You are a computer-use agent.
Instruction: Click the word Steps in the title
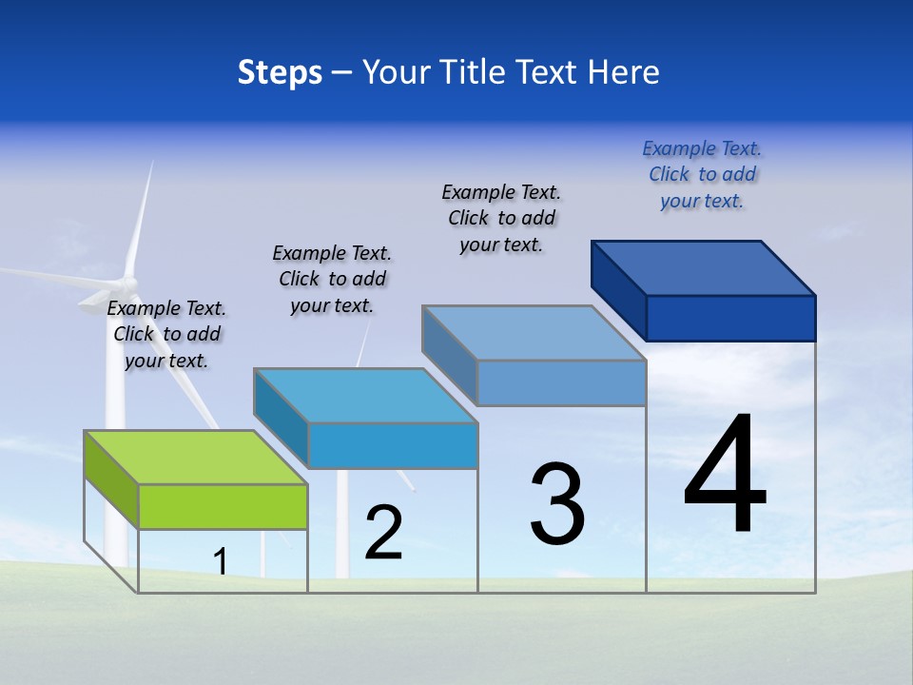click(x=280, y=72)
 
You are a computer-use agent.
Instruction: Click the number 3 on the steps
click(x=557, y=503)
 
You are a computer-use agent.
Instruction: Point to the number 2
click(x=383, y=533)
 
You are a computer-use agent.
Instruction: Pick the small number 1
click(x=221, y=561)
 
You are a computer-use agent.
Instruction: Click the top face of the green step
click(x=196, y=458)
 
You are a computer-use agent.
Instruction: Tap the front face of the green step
click(x=223, y=506)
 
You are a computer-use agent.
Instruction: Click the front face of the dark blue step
click(x=730, y=318)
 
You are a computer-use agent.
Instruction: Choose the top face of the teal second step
click(x=365, y=396)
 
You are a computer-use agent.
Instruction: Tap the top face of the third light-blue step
click(x=534, y=333)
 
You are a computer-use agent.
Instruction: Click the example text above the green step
click(x=166, y=334)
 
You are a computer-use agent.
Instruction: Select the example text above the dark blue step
click(x=702, y=174)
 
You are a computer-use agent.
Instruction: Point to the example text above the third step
click(x=501, y=218)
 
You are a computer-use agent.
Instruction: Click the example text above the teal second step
click(x=332, y=279)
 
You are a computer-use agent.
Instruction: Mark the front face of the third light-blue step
click(x=561, y=382)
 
